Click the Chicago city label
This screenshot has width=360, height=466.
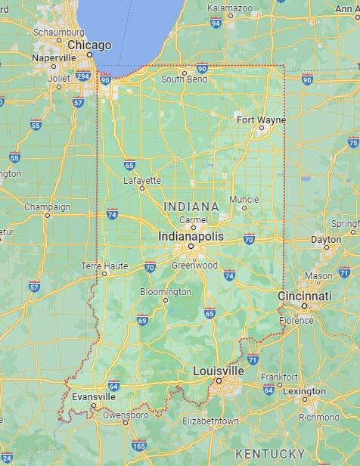click(89, 45)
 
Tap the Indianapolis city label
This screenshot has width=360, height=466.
click(191, 236)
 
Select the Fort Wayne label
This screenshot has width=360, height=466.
click(261, 120)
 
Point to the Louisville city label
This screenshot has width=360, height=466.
click(219, 371)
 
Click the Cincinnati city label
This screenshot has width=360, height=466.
click(305, 295)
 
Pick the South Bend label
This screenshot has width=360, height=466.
click(184, 79)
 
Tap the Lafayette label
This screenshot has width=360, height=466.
click(142, 180)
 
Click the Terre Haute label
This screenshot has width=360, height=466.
click(105, 266)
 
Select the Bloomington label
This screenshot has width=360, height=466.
click(166, 291)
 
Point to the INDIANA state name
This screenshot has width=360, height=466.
click(191, 206)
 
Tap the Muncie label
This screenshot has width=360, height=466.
click(244, 200)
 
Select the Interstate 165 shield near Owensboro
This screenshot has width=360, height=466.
click(139, 445)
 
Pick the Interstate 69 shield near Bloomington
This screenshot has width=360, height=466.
click(142, 321)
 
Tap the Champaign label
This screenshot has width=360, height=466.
click(47, 207)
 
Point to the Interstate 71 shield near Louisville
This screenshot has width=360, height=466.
click(253, 359)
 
